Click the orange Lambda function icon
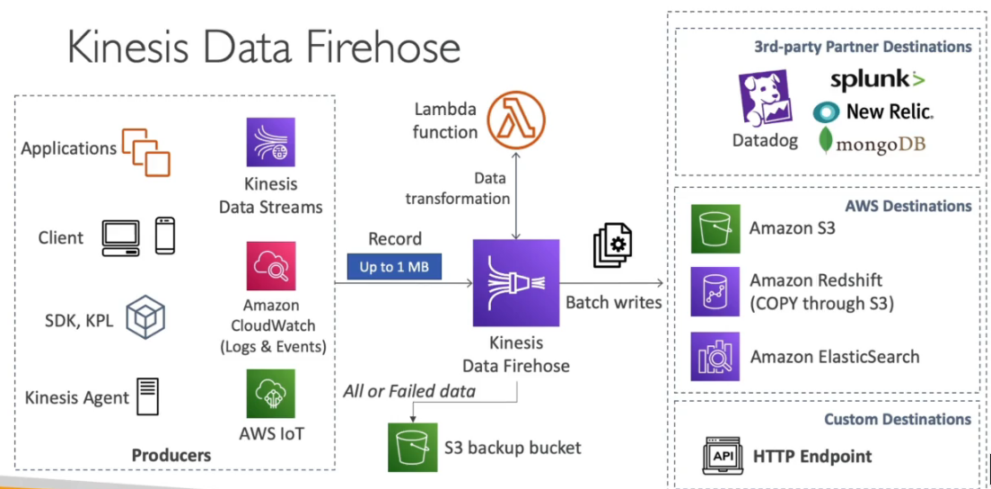[x=517, y=120]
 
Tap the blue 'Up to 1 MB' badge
[x=394, y=266]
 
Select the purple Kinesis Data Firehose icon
[x=515, y=283]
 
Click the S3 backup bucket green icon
[x=412, y=447]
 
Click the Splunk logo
[x=876, y=80]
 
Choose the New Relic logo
[x=873, y=111]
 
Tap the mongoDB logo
[x=872, y=142]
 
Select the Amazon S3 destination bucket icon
[x=715, y=228]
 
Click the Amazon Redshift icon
[x=715, y=290]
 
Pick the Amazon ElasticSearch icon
[x=715, y=356]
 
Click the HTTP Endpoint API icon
[x=723, y=457]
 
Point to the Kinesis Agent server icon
[x=147, y=396]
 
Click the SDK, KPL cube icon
[x=145, y=318]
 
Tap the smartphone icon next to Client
[x=164, y=236]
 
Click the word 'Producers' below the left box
[x=171, y=455]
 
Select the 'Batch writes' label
[x=613, y=302]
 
